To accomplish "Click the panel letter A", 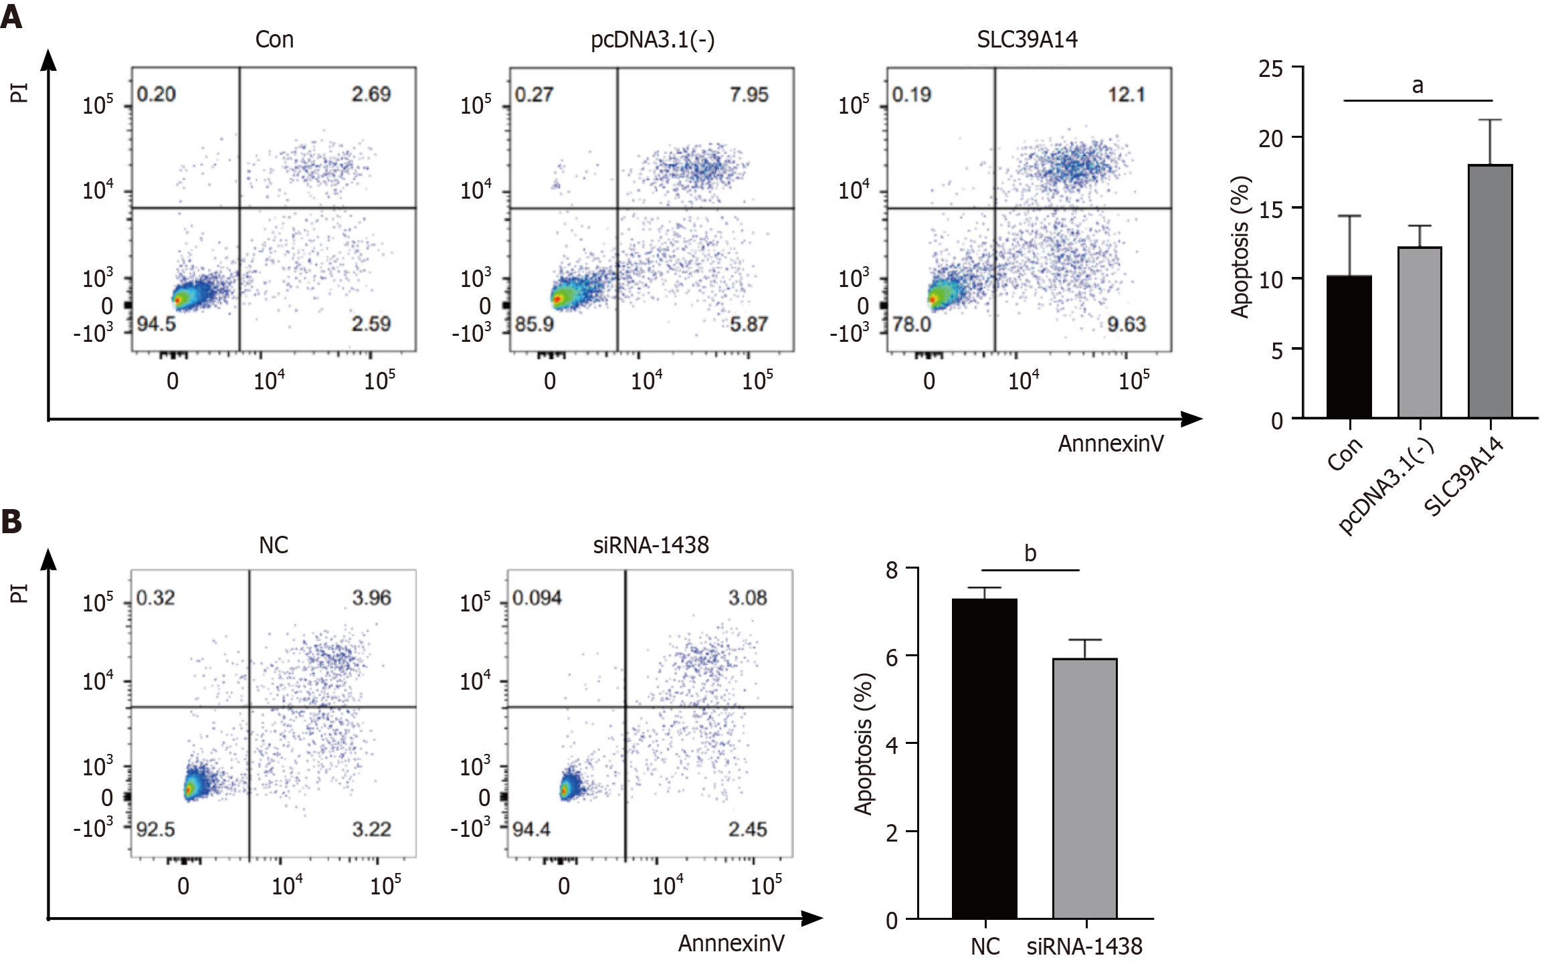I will [x=11, y=15].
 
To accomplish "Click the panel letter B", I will [x=11, y=521].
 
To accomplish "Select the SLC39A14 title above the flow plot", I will [x=1027, y=39].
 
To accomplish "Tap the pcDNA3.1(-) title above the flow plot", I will [x=652, y=40].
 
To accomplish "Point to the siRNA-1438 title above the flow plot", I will [x=650, y=545].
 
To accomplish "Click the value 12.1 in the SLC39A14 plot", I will [x=1126, y=94].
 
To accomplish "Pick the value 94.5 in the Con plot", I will [x=156, y=324].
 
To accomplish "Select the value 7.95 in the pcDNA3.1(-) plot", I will [x=749, y=94].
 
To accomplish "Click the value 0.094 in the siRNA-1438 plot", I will [x=537, y=597].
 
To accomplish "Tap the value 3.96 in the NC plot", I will [x=371, y=597].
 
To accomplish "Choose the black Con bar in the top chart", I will [x=1349, y=347].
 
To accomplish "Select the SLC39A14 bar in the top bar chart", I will [x=1490, y=291].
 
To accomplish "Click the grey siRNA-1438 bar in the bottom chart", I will [x=1084, y=788].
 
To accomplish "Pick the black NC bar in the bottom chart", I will [x=984, y=759].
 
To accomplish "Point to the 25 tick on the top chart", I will [x=1270, y=69].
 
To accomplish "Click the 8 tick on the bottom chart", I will [x=892, y=570].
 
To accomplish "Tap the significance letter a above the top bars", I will [x=1417, y=86].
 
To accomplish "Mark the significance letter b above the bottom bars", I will [x=1030, y=553].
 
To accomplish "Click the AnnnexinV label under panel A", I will [x=1110, y=444].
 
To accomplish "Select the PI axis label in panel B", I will [x=19, y=593].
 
